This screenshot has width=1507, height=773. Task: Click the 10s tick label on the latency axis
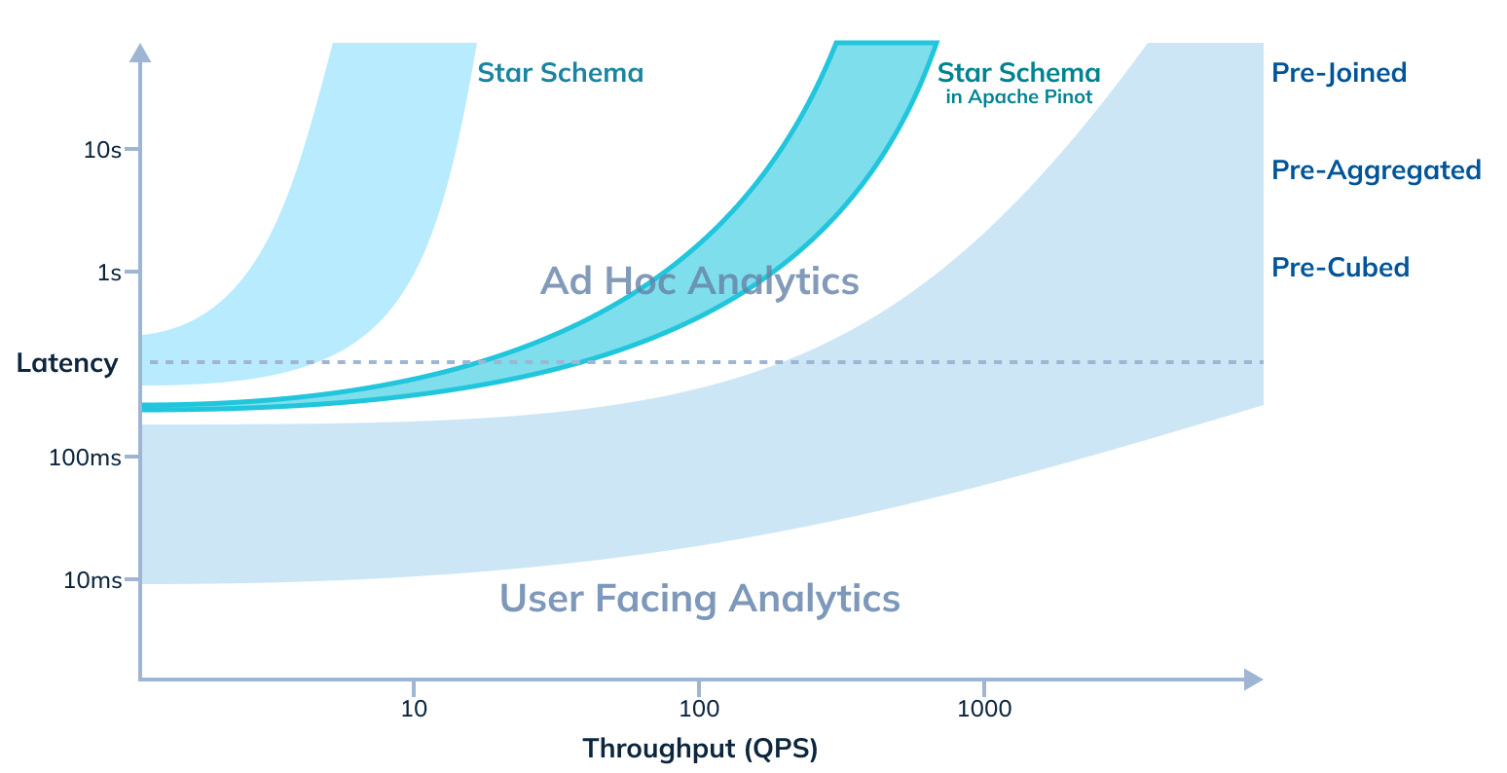(102, 150)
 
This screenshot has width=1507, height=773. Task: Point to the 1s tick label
(109, 273)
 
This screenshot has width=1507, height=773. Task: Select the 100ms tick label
(85, 457)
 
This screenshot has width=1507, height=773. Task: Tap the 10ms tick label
(92, 580)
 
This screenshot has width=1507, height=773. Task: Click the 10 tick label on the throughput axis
(414, 708)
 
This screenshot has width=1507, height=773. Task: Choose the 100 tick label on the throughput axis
(698, 708)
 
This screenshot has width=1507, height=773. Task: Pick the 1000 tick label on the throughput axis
(983, 708)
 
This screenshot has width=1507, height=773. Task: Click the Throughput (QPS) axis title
(700, 749)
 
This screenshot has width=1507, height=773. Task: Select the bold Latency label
(67, 363)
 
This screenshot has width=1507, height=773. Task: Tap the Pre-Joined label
(1339, 73)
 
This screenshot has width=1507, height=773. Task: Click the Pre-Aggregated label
(1376, 170)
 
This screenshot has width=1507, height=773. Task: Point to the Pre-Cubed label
(1340, 268)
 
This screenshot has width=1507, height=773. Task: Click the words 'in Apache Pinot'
(1018, 97)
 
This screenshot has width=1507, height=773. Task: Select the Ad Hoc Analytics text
(699, 281)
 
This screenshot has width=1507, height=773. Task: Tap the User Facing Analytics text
(699, 598)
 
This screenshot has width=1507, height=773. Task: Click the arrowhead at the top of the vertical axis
(140, 53)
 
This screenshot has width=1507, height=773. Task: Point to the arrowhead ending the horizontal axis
(1253, 679)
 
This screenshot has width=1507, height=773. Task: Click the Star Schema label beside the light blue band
(560, 73)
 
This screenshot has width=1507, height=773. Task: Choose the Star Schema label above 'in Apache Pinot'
(1018, 73)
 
